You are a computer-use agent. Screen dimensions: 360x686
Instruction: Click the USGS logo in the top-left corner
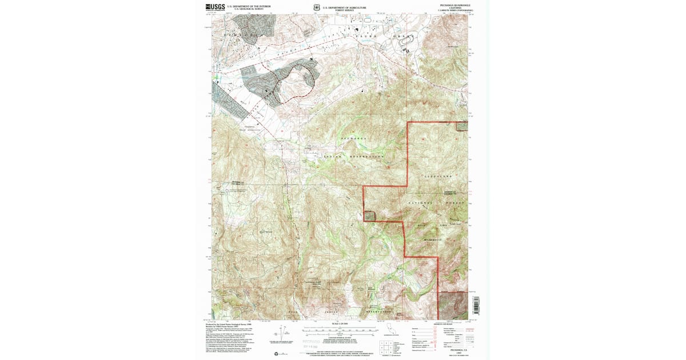[214, 7]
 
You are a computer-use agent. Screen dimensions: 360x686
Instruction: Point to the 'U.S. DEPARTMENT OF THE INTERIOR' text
[249, 6]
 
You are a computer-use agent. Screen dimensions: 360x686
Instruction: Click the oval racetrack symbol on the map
[408, 50]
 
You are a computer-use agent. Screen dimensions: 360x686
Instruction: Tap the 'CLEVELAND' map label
[438, 177]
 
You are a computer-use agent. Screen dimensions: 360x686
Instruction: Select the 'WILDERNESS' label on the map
[438, 240]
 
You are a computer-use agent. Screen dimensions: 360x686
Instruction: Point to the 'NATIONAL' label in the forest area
[420, 203]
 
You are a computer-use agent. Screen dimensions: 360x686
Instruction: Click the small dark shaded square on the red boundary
[370, 215]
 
